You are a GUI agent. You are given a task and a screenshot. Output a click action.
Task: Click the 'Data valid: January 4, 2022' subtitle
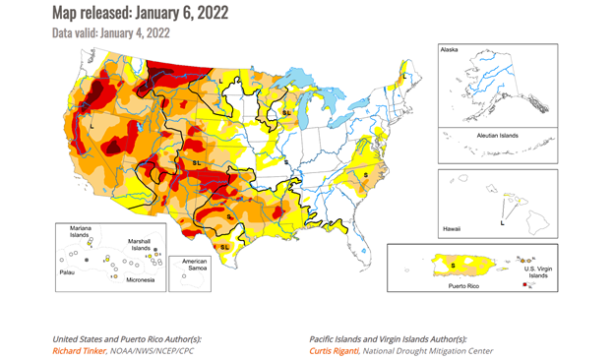pyautogui.click(x=110, y=32)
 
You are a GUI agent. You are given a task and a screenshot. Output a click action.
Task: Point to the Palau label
pyautogui.click(x=68, y=271)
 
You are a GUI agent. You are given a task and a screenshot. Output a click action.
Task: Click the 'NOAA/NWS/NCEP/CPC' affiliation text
pyautogui.click(x=162, y=350)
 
